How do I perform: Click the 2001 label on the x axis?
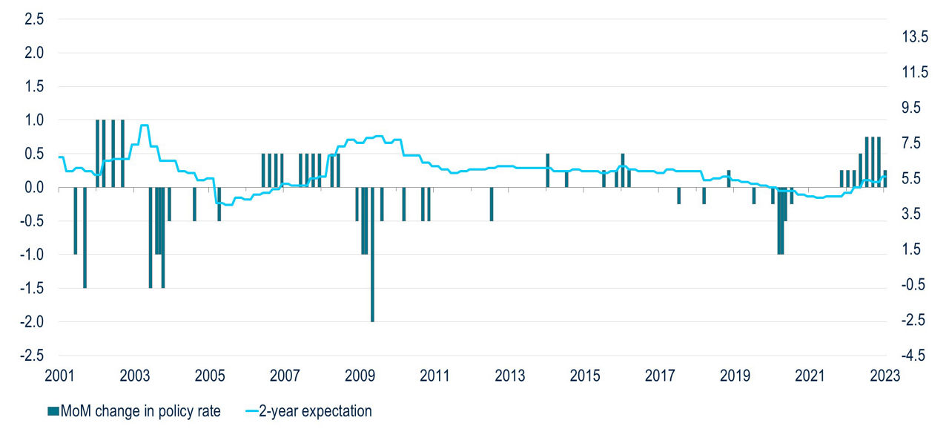(60, 375)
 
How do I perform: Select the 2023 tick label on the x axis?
(884, 375)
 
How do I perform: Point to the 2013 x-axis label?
(509, 375)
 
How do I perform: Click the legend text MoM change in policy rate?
(141, 410)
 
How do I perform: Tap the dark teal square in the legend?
(53, 410)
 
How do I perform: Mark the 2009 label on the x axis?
(360, 375)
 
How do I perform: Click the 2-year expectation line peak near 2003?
(145, 125)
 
